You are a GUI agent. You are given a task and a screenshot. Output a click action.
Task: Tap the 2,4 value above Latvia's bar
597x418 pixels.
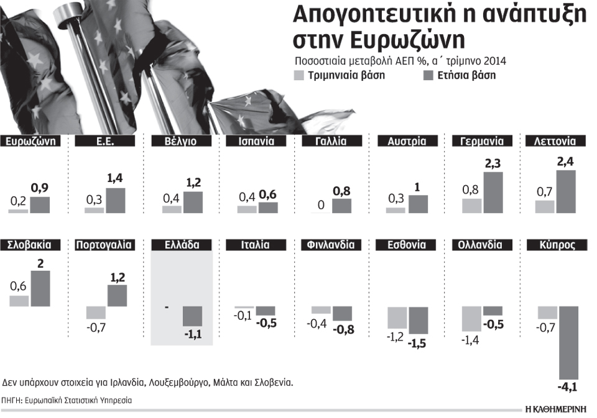566,161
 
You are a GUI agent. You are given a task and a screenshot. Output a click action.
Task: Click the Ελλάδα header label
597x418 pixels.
183,245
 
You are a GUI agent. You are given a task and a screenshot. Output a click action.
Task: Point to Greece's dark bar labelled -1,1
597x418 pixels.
192,316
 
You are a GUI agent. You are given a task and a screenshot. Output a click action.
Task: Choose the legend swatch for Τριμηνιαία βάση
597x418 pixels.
298,76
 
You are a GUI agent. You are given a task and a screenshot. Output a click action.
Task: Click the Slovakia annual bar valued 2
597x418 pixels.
39,288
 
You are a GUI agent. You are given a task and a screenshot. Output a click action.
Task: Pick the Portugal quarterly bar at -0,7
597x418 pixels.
96,312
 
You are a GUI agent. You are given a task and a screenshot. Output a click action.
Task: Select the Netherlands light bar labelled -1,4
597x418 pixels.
471,319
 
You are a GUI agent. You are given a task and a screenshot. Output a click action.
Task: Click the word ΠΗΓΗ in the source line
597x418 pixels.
10,401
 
